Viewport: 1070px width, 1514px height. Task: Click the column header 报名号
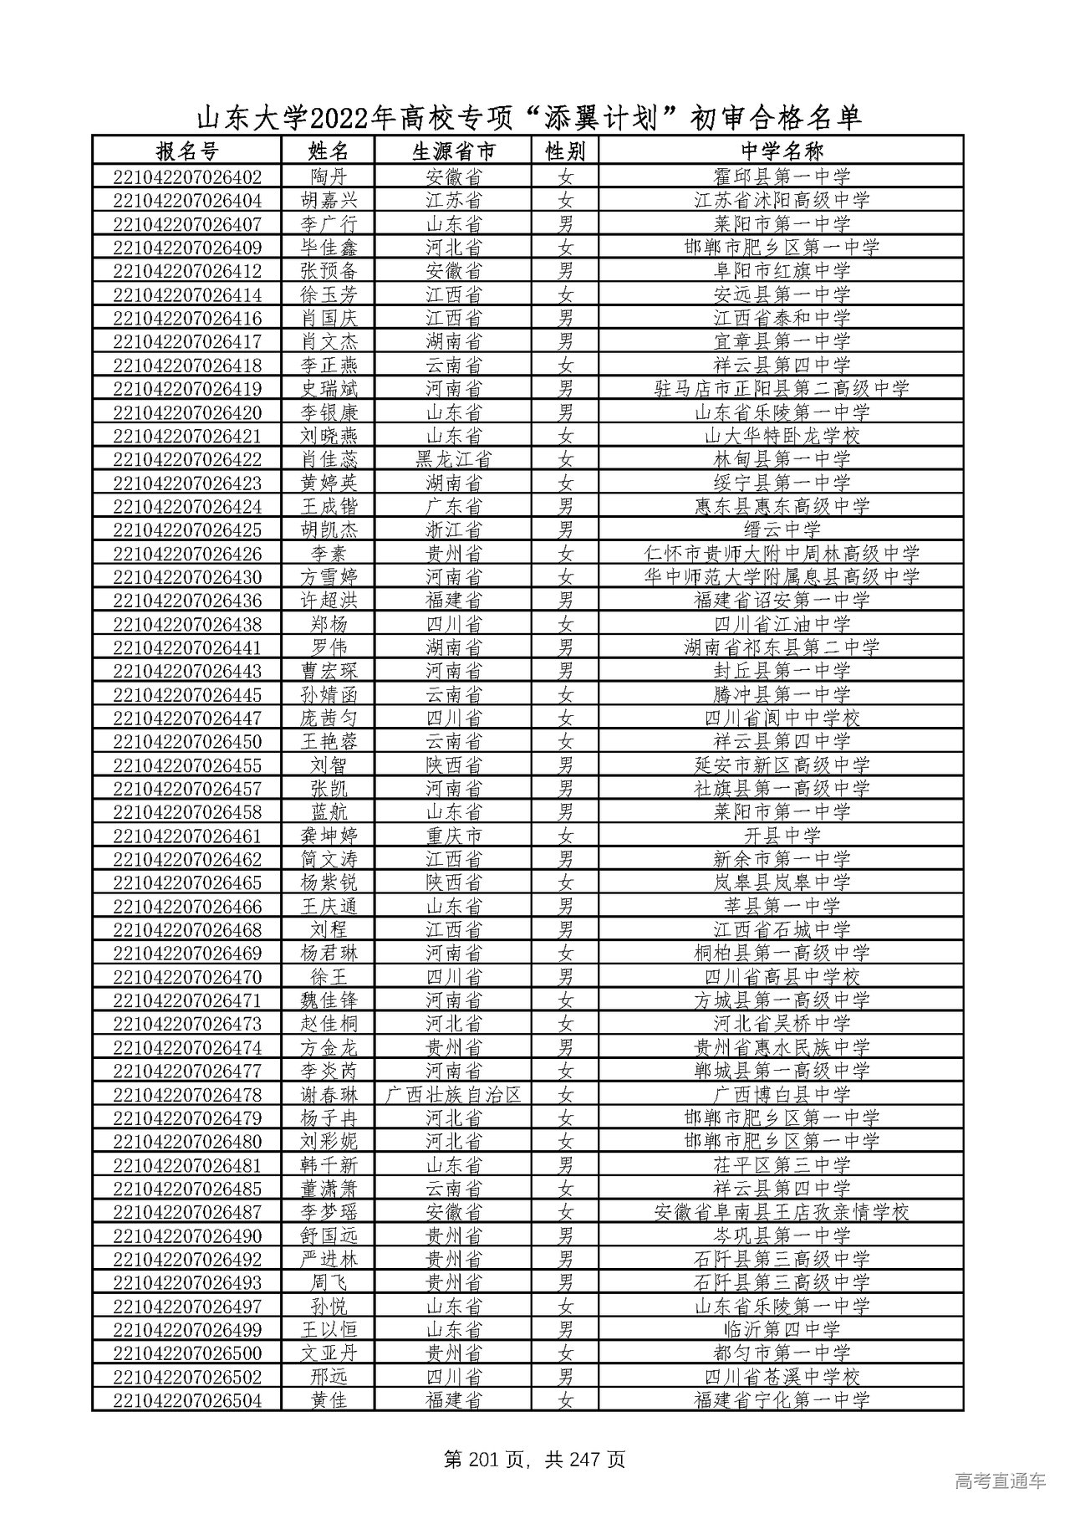(x=186, y=151)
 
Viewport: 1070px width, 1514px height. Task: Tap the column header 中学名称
(x=782, y=151)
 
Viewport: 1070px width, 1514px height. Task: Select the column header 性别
(x=566, y=151)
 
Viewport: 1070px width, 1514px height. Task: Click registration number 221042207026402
(x=186, y=177)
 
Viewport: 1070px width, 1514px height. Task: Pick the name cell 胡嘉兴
(x=327, y=201)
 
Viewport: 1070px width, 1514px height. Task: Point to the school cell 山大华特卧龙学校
(x=782, y=436)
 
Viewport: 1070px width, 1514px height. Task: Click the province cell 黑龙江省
(x=454, y=459)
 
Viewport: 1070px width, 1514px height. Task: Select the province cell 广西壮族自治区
(x=454, y=1095)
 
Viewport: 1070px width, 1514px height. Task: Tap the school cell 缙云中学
(x=782, y=530)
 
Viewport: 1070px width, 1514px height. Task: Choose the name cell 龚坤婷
(x=327, y=836)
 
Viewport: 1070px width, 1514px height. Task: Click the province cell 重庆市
(x=454, y=836)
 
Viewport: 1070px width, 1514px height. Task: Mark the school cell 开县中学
(x=782, y=836)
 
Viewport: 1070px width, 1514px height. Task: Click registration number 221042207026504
(x=186, y=1400)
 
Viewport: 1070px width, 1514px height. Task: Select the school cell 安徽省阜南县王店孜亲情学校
(x=782, y=1212)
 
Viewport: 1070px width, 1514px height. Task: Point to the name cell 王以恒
(x=327, y=1330)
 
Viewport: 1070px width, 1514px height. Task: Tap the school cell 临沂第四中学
(x=782, y=1330)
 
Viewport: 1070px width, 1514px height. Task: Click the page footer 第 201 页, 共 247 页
(x=535, y=1460)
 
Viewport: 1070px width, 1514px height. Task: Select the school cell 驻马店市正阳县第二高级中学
(x=782, y=389)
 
